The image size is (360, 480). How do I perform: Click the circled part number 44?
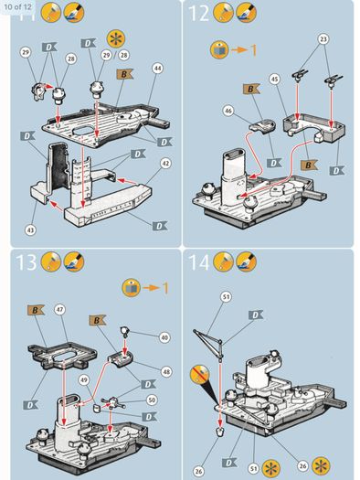pyautogui.click(x=157, y=69)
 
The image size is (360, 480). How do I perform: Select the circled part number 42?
pyautogui.click(x=165, y=163)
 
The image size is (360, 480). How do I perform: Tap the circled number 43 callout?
pyautogui.click(x=30, y=230)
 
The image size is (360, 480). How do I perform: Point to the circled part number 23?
pyautogui.click(x=323, y=39)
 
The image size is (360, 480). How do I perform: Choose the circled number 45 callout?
pyautogui.click(x=275, y=80)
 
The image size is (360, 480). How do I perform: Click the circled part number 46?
pyautogui.click(x=228, y=111)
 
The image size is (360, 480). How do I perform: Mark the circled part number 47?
pyautogui.click(x=59, y=310)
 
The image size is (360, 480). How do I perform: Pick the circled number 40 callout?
pyautogui.click(x=164, y=337)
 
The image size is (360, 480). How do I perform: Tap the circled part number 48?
pyautogui.click(x=166, y=371)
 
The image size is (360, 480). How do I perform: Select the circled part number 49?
pyautogui.click(x=84, y=380)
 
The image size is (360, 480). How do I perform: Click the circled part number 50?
pyautogui.click(x=152, y=400)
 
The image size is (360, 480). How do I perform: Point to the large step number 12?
pyautogui.click(x=198, y=14)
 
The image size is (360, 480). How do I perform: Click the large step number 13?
pyautogui.click(x=26, y=262)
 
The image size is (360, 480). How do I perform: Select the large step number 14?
pyautogui.click(x=199, y=262)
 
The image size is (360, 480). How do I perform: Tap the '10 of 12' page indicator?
pyautogui.click(x=17, y=6)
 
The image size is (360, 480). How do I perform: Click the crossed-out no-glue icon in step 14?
pyautogui.click(x=199, y=374)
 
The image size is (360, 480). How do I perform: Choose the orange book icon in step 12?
pyautogui.click(x=219, y=50)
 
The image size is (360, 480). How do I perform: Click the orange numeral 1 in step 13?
pyautogui.click(x=164, y=288)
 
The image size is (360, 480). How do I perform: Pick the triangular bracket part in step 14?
pyautogui.click(x=208, y=342)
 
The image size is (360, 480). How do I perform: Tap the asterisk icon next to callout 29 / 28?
pyautogui.click(x=116, y=39)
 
